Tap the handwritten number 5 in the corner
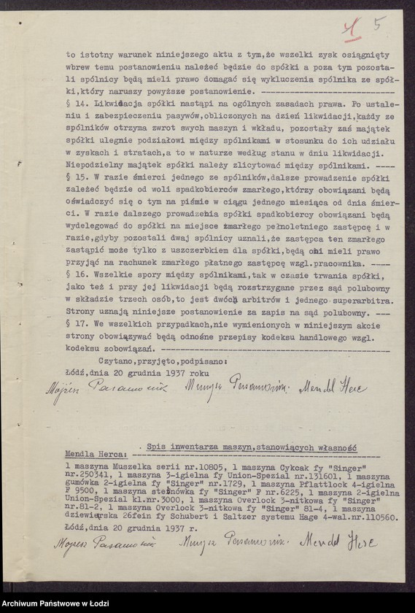[379, 24]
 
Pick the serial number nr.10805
[194, 464]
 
